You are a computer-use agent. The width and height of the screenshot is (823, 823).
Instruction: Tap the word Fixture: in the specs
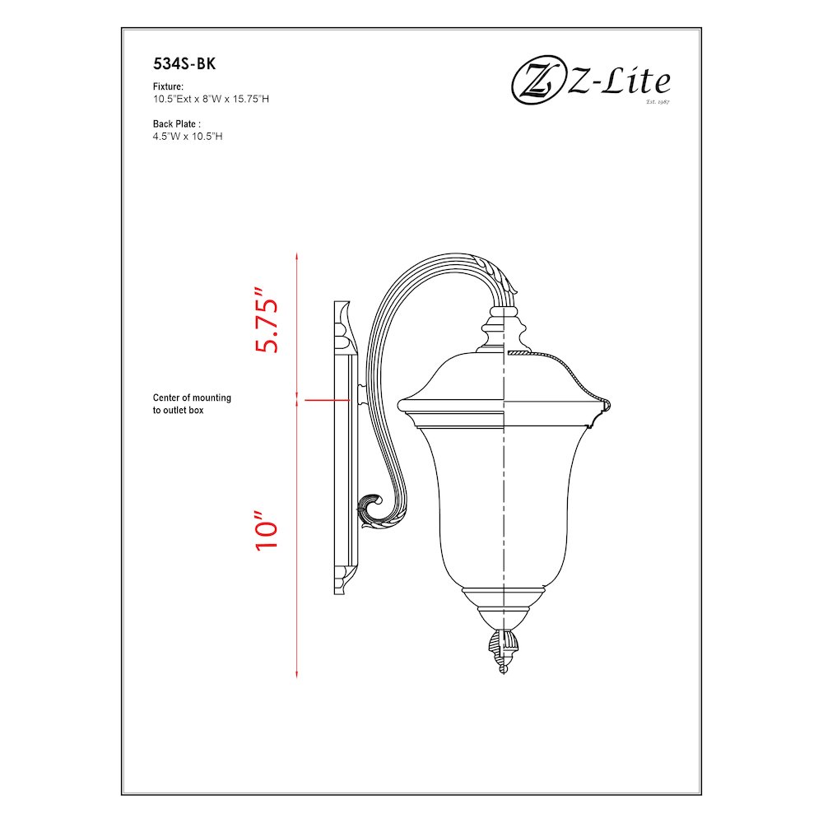[168, 86]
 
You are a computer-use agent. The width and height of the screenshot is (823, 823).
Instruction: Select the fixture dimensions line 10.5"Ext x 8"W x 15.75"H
[212, 99]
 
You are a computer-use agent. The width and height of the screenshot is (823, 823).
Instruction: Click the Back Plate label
[177, 123]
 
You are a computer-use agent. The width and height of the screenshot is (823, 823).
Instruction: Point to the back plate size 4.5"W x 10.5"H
[188, 136]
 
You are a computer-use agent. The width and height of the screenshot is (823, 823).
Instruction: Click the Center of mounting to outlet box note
[192, 403]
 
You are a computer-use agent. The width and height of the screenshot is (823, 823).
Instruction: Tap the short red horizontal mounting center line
[326, 400]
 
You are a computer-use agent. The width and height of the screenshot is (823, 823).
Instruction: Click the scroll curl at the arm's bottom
[372, 508]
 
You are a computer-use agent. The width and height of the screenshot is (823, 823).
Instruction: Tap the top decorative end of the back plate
[344, 321]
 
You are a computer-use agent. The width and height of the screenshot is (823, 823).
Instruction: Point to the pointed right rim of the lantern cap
[606, 404]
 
